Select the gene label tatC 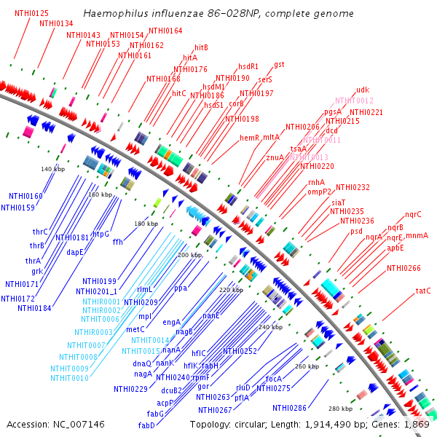point(423,291)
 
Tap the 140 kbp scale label point(52,169)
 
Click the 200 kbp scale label point(189,255)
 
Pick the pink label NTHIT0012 point(354,101)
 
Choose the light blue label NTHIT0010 point(70,378)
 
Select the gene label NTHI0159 point(17,208)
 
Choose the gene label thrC point(39,232)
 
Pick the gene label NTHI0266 point(403,268)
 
